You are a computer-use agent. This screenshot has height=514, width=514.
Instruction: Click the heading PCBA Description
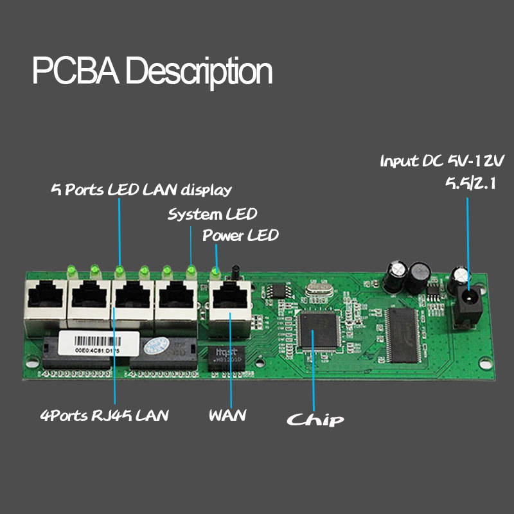click(152, 71)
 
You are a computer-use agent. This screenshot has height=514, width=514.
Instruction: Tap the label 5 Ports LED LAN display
click(141, 190)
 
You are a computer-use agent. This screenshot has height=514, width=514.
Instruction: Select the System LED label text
click(212, 214)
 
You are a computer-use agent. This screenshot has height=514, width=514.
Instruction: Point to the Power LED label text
click(240, 235)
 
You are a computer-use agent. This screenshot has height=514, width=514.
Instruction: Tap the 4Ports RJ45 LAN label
click(104, 415)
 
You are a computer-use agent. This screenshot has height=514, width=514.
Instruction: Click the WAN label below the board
click(227, 415)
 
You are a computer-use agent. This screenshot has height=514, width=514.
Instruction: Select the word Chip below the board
click(315, 420)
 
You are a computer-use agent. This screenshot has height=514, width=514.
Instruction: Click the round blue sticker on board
click(156, 345)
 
